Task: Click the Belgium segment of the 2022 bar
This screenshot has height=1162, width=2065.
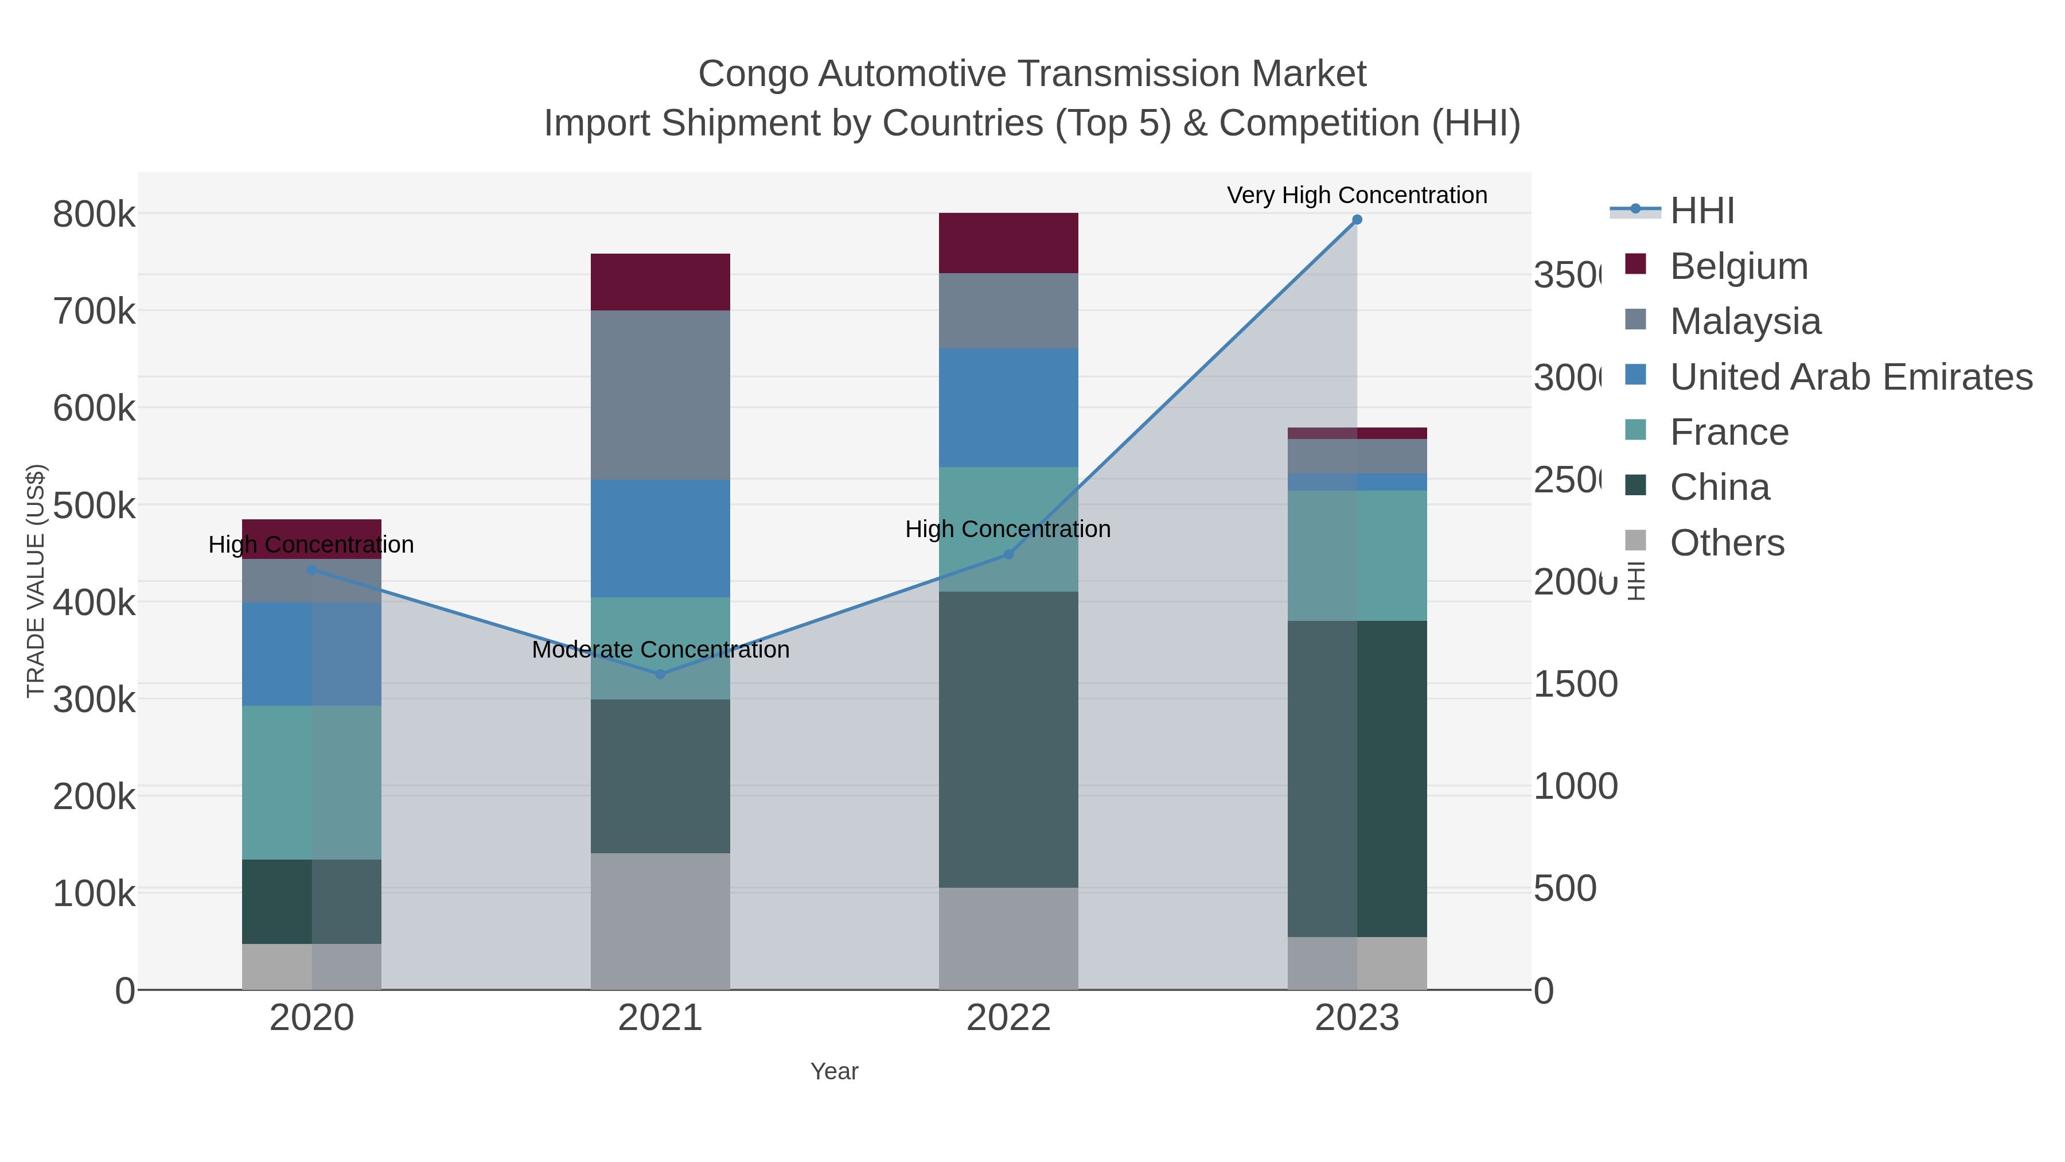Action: (x=1008, y=243)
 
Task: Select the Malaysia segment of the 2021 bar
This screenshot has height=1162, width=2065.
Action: (x=660, y=395)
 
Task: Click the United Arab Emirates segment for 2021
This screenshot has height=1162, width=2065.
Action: (x=660, y=538)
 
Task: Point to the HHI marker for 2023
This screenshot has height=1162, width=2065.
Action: (x=1357, y=220)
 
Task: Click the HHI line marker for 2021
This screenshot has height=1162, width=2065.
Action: (x=660, y=674)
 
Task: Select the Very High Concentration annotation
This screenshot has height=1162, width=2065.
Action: (x=1357, y=195)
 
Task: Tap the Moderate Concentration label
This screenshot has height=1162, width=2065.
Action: (x=660, y=650)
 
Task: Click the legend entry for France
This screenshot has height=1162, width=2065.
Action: (x=1728, y=432)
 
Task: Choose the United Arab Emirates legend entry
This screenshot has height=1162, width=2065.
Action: (x=1850, y=377)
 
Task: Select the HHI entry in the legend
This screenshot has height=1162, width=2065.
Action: (x=1701, y=211)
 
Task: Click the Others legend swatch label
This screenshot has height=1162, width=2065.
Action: (x=1727, y=543)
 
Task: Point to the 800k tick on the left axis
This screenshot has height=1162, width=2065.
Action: (x=94, y=215)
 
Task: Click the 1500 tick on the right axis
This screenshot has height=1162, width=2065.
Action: (x=1575, y=685)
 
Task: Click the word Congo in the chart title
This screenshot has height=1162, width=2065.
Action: (x=753, y=74)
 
